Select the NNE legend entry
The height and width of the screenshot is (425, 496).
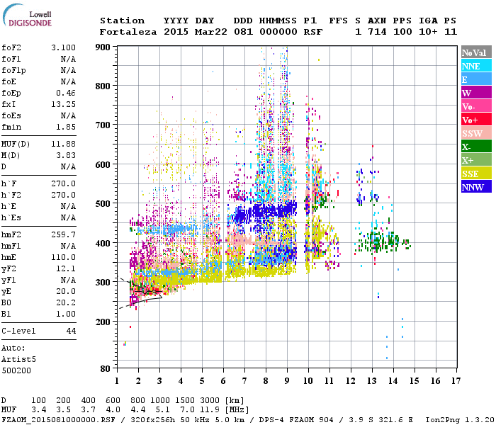[x=476, y=66]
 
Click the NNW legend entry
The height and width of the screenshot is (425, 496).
[x=476, y=187]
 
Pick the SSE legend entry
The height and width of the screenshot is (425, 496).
[x=476, y=174]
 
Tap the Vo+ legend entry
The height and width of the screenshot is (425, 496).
[x=476, y=120]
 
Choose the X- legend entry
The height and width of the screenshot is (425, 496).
[x=476, y=147]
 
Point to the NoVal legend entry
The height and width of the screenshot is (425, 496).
[x=476, y=52]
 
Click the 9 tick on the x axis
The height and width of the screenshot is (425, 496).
[x=287, y=380]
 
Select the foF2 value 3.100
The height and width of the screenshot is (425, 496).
[x=63, y=47]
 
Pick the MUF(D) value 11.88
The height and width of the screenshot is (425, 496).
[x=63, y=144]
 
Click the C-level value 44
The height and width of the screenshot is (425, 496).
[x=71, y=331]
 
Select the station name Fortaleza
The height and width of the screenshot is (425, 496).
[x=125, y=32]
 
